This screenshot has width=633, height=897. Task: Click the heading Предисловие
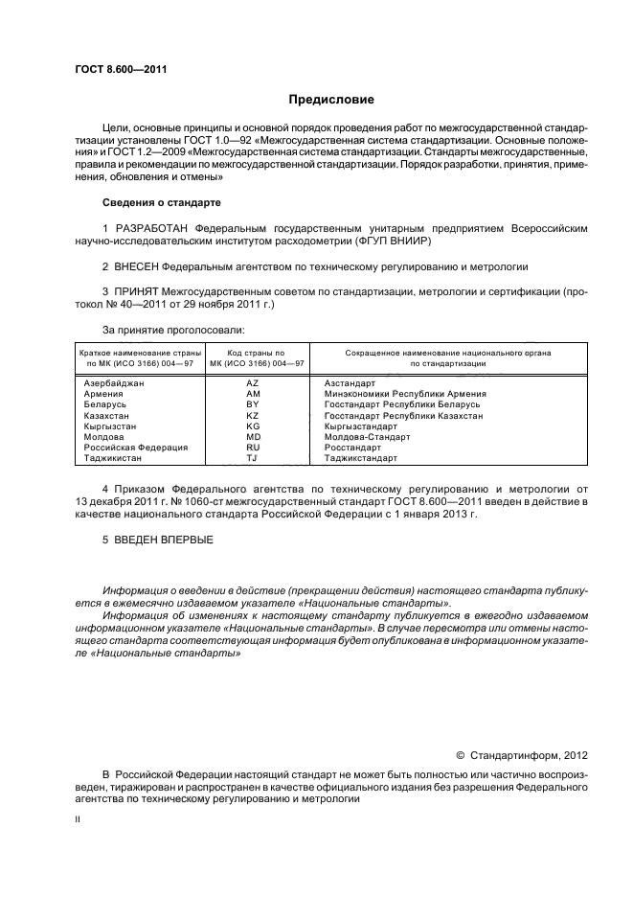331,100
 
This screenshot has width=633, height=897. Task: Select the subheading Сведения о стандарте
162,203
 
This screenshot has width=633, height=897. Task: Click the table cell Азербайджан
114,383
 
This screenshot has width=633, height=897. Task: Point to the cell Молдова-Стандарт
367,437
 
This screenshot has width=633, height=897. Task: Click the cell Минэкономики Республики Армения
405,394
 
